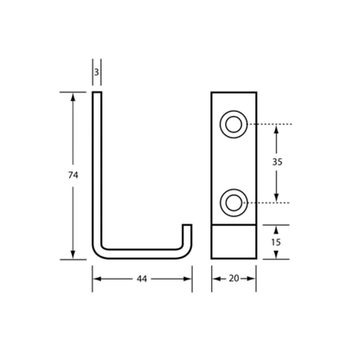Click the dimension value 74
73,175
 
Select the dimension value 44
142,279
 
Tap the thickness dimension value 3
97,72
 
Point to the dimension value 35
277,162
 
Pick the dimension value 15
276,242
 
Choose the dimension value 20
234,279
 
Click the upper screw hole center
234,125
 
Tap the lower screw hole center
234,202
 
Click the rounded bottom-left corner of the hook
97,254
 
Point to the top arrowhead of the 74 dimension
73,97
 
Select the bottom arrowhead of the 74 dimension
73,254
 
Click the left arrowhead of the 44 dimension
97,279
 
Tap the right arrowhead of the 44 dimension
188,279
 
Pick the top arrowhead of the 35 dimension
276,129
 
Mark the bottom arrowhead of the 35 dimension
276,198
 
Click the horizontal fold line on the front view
234,224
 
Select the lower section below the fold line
234,241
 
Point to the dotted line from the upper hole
270,125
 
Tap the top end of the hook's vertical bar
97,93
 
